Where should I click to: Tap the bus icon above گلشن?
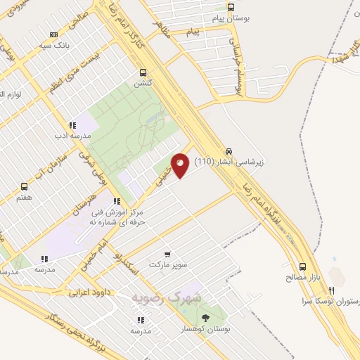click(x=143, y=72)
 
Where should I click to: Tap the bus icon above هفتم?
click(x=25, y=186)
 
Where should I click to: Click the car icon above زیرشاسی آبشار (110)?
click(x=229, y=151)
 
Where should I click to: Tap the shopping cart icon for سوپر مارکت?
click(x=167, y=254)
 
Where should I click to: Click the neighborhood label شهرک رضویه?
click(x=167, y=297)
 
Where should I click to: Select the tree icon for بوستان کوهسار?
click(x=205, y=319)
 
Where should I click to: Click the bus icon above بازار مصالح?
click(x=303, y=267)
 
